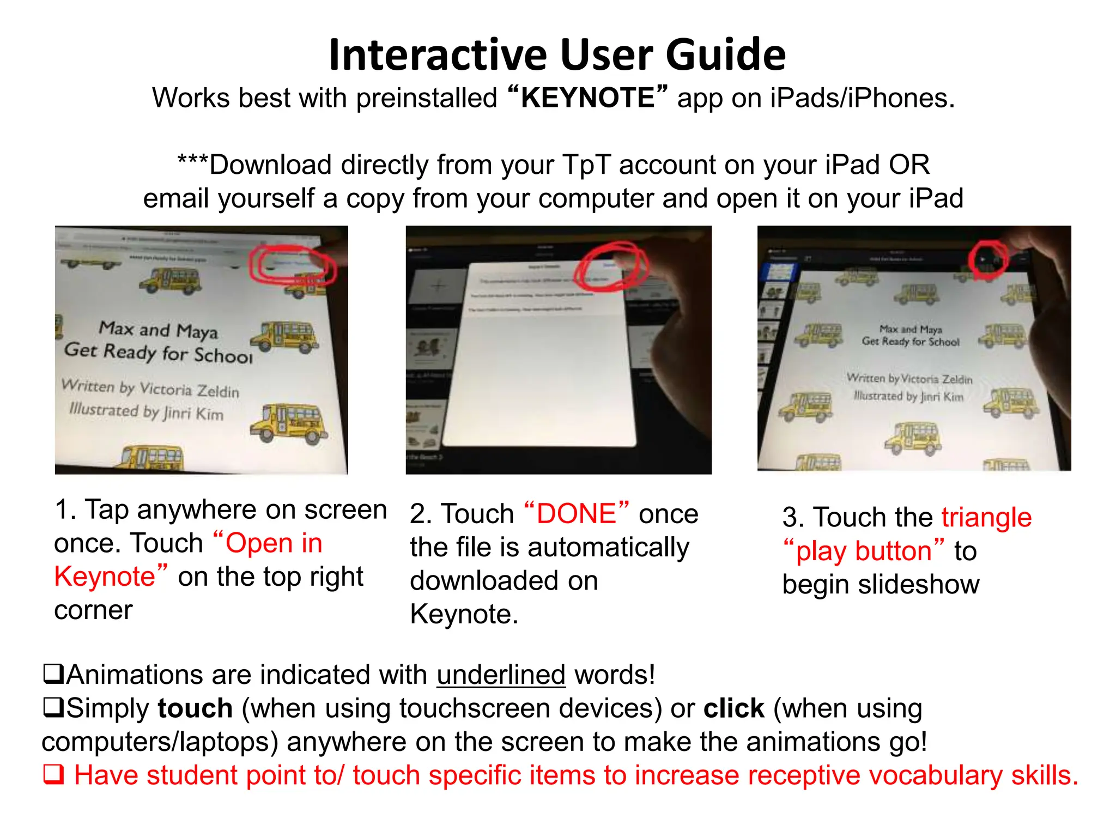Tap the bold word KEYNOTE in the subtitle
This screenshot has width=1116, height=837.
587,98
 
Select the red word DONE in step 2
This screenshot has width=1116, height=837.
576,514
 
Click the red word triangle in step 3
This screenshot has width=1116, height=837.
986,517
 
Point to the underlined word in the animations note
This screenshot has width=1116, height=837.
501,675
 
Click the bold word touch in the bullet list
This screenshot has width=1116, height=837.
195,708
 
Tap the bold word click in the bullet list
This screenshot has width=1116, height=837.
733,708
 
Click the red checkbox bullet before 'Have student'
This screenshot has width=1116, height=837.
53,775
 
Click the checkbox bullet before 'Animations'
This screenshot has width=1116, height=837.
53,675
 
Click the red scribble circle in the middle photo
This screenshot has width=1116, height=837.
611,268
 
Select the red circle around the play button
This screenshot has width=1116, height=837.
987,259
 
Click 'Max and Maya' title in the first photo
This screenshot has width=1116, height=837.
158,330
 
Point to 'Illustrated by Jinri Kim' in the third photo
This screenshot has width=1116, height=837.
908,396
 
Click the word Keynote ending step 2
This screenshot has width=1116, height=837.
463,615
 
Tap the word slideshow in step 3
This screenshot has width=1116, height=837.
919,585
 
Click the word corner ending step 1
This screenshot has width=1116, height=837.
93,610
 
